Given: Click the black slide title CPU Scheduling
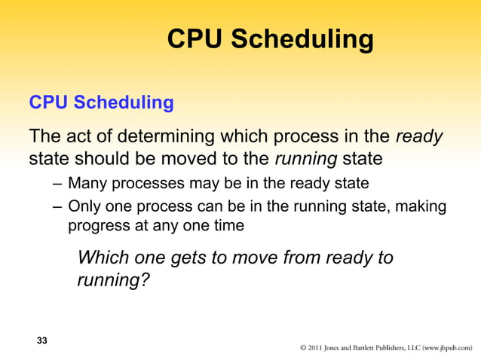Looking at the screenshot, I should click(270, 39).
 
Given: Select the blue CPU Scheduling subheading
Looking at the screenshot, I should click(100, 102).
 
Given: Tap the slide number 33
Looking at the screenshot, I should click(42, 341).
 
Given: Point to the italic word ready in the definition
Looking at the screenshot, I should click(419, 138).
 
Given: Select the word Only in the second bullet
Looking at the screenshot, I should click(84, 206).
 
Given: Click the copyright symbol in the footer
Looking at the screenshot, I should click(303, 349).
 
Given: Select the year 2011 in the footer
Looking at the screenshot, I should click(317, 349).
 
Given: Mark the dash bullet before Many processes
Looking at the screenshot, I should click(59, 183).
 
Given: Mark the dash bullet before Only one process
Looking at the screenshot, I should click(59, 206).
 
